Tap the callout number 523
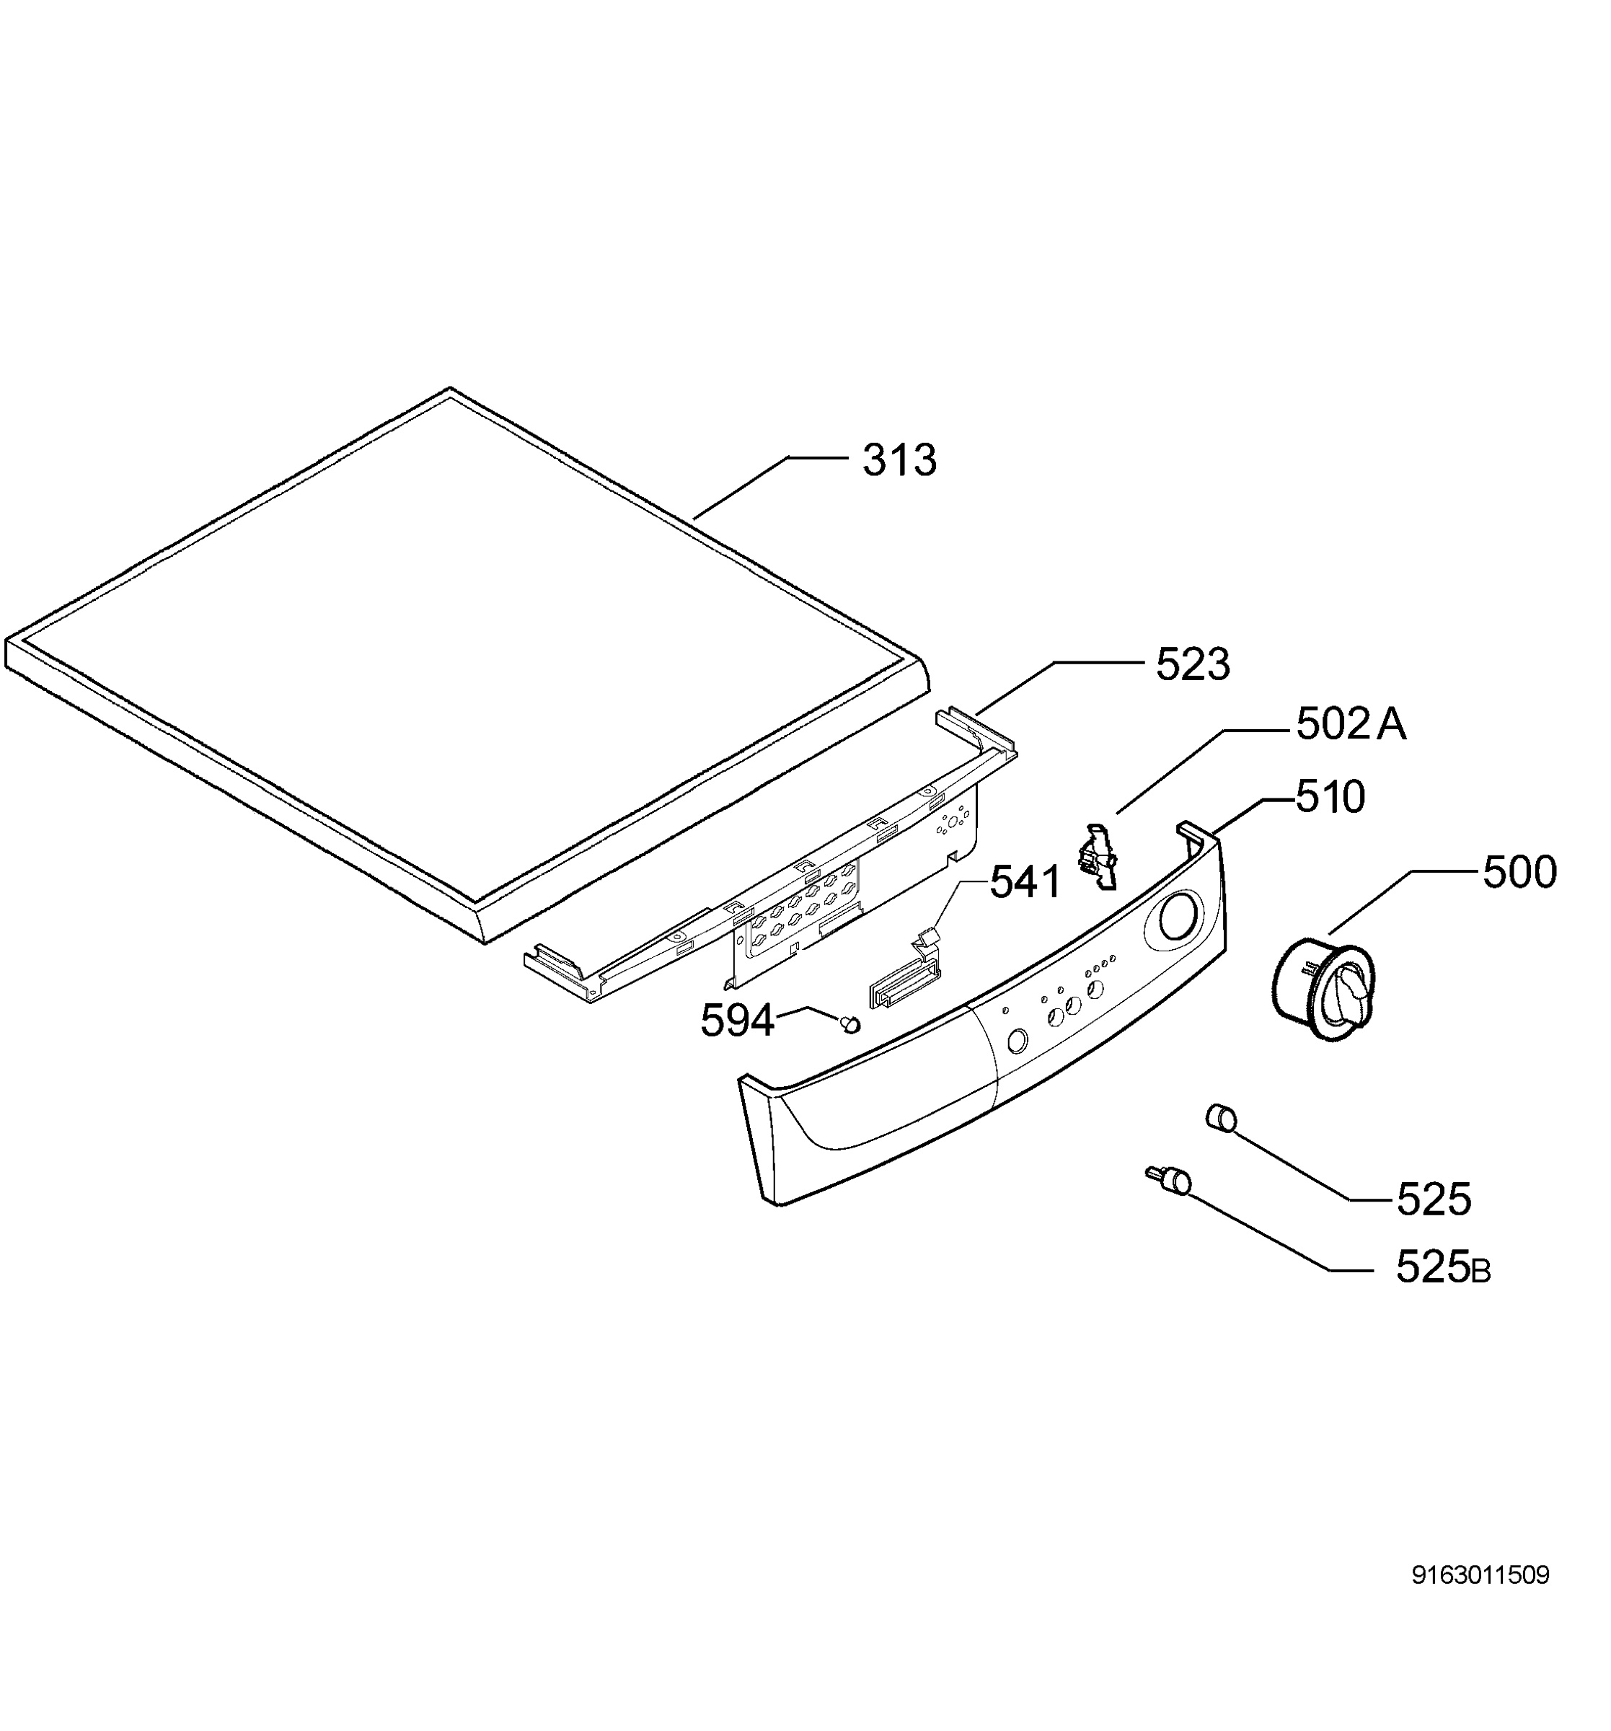click(1192, 665)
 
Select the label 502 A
click(1351, 724)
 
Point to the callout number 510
click(1330, 798)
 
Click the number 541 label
click(1025, 883)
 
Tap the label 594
click(737, 1021)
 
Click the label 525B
click(1443, 1268)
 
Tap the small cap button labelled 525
click(1221, 1117)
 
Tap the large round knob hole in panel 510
click(1175, 920)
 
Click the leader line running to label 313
click(769, 488)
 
